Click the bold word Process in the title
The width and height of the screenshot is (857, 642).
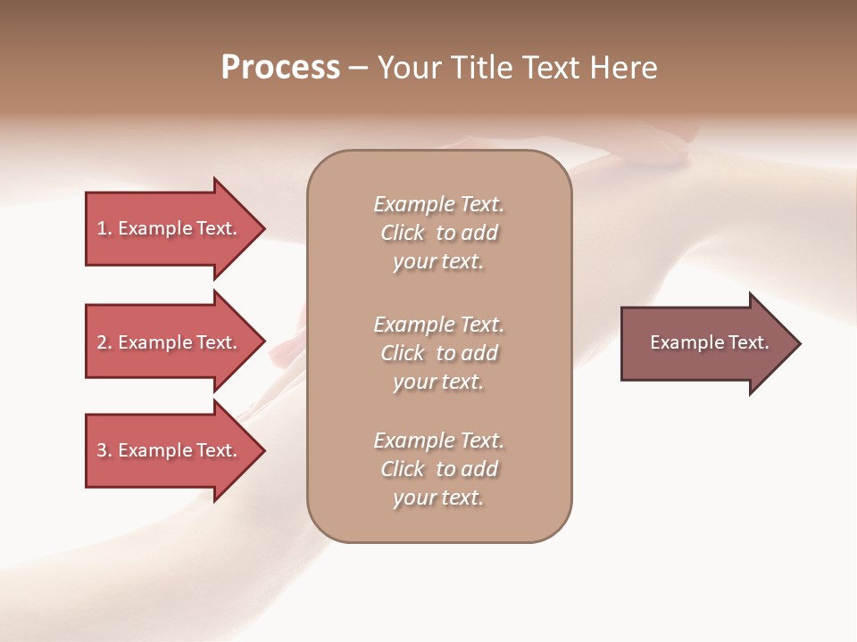click(280, 68)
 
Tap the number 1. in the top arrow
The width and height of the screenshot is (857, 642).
click(104, 228)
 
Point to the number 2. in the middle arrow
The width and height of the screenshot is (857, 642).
click(104, 342)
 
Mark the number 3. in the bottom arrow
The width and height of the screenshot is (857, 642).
click(104, 450)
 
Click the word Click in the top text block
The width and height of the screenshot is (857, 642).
click(403, 234)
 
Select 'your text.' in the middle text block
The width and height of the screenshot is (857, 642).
click(438, 382)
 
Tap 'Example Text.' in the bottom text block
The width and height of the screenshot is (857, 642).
click(438, 440)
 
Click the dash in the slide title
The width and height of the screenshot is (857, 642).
click(358, 68)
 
